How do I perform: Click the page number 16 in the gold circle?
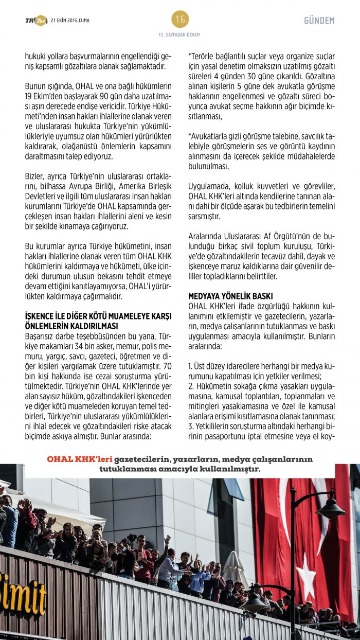click(180, 20)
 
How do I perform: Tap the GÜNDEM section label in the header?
click(319, 21)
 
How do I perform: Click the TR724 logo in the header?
click(36, 20)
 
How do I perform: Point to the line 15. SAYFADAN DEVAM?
click(179, 35)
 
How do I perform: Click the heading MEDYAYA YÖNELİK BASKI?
click(230, 296)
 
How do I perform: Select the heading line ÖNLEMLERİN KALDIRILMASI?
click(72, 326)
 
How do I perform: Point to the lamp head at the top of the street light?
click(331, 510)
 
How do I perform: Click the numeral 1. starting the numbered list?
click(190, 366)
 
